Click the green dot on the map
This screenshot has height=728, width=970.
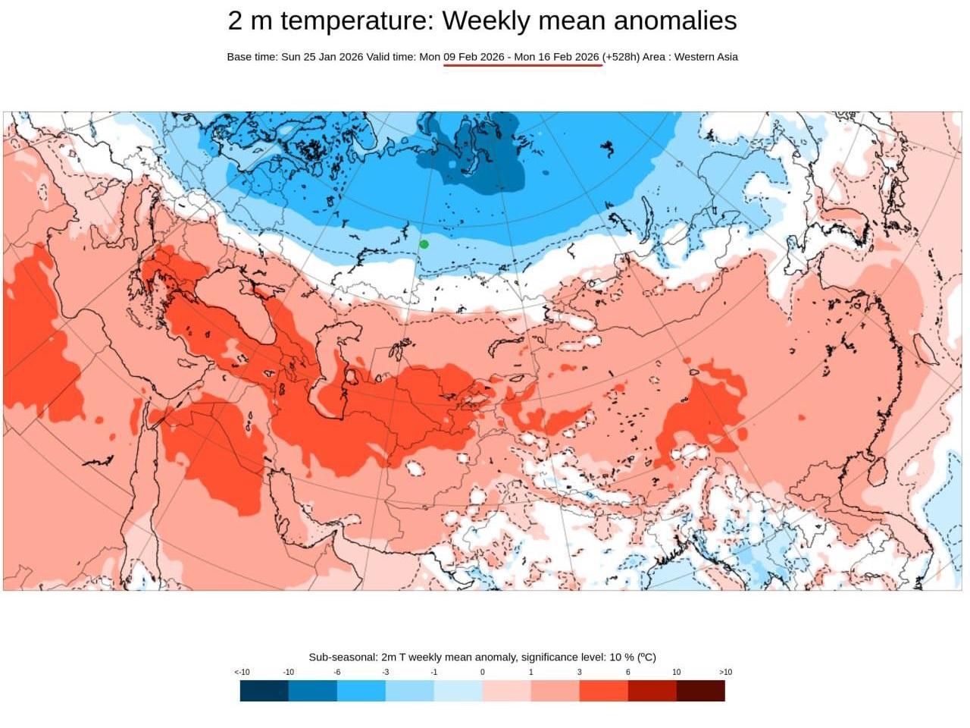[x=424, y=244]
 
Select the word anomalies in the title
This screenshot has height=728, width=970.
[x=675, y=20]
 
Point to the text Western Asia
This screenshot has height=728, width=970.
[x=706, y=57]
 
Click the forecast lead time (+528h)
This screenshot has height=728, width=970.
[x=621, y=57]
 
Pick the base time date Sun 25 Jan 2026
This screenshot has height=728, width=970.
[x=322, y=57]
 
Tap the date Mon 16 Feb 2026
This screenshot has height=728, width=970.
[x=556, y=57]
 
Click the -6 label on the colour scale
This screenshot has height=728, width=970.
[x=337, y=672]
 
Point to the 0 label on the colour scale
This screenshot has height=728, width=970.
[x=483, y=672]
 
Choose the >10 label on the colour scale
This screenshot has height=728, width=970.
[x=725, y=672]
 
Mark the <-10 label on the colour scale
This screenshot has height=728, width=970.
[x=242, y=672]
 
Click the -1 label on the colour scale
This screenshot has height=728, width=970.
[x=434, y=672]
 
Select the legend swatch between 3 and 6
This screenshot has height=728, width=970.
[x=604, y=691]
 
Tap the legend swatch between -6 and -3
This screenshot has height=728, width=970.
[x=361, y=691]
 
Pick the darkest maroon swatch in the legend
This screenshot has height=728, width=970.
[x=701, y=691]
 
